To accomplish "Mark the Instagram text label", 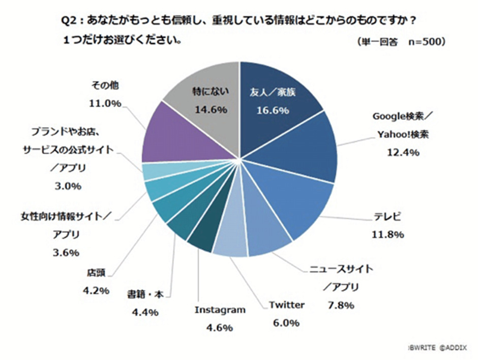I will point(221,310).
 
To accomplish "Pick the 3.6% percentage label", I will point(66,253).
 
